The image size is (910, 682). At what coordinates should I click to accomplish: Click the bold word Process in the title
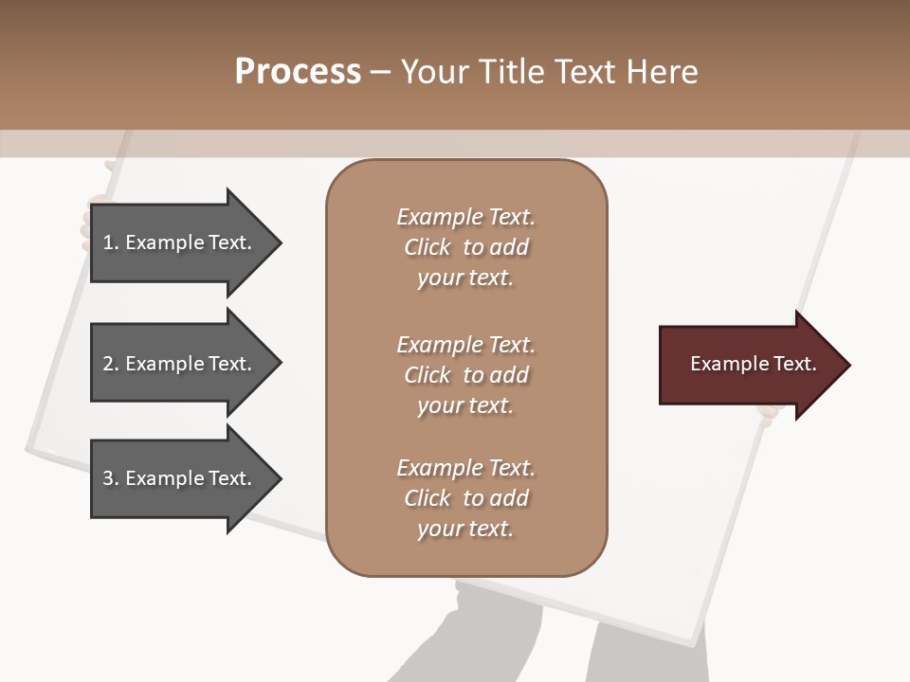[298, 72]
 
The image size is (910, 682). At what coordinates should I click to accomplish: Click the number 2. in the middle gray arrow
[111, 364]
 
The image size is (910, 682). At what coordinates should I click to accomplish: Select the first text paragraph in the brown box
[465, 247]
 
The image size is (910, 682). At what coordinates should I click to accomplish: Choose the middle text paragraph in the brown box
[465, 375]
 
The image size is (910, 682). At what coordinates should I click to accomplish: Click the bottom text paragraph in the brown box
[465, 498]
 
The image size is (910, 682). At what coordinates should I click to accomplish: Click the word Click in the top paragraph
[427, 247]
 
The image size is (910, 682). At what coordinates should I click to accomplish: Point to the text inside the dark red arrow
[753, 364]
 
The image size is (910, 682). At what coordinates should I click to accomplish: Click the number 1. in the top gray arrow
[111, 242]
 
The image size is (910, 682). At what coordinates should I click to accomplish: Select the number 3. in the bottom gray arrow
[111, 478]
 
